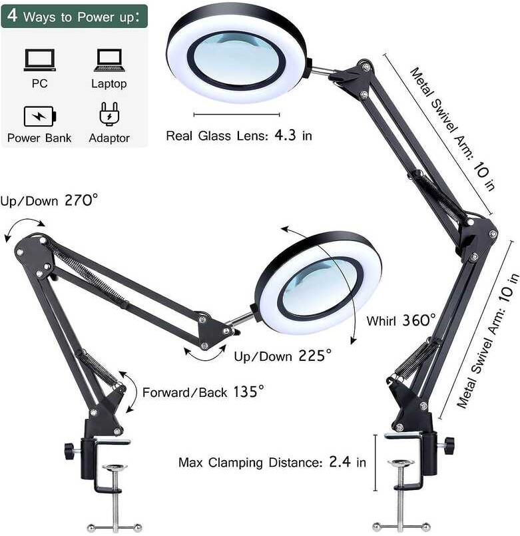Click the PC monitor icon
point(40,60)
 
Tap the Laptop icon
point(109,60)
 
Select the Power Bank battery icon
point(40,116)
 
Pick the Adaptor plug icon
point(109,115)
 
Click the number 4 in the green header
point(13,15)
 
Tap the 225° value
point(314,356)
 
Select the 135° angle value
point(248,391)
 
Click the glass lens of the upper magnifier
point(236,59)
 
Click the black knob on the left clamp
point(69,451)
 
